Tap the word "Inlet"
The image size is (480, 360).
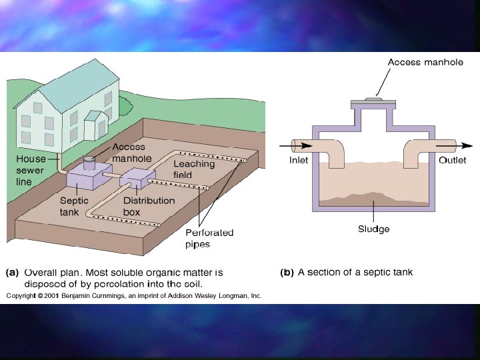(x=299, y=161)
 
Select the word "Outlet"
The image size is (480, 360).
(x=452, y=161)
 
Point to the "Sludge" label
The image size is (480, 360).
(x=373, y=229)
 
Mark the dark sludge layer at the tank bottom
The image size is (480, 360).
(x=373, y=197)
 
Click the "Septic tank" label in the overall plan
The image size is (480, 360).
(x=73, y=206)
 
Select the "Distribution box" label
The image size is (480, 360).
(x=149, y=206)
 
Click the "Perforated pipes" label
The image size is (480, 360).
(x=209, y=238)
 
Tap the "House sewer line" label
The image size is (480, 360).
(x=31, y=170)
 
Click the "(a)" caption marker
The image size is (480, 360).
(x=12, y=272)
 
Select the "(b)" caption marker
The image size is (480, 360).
(x=287, y=272)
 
